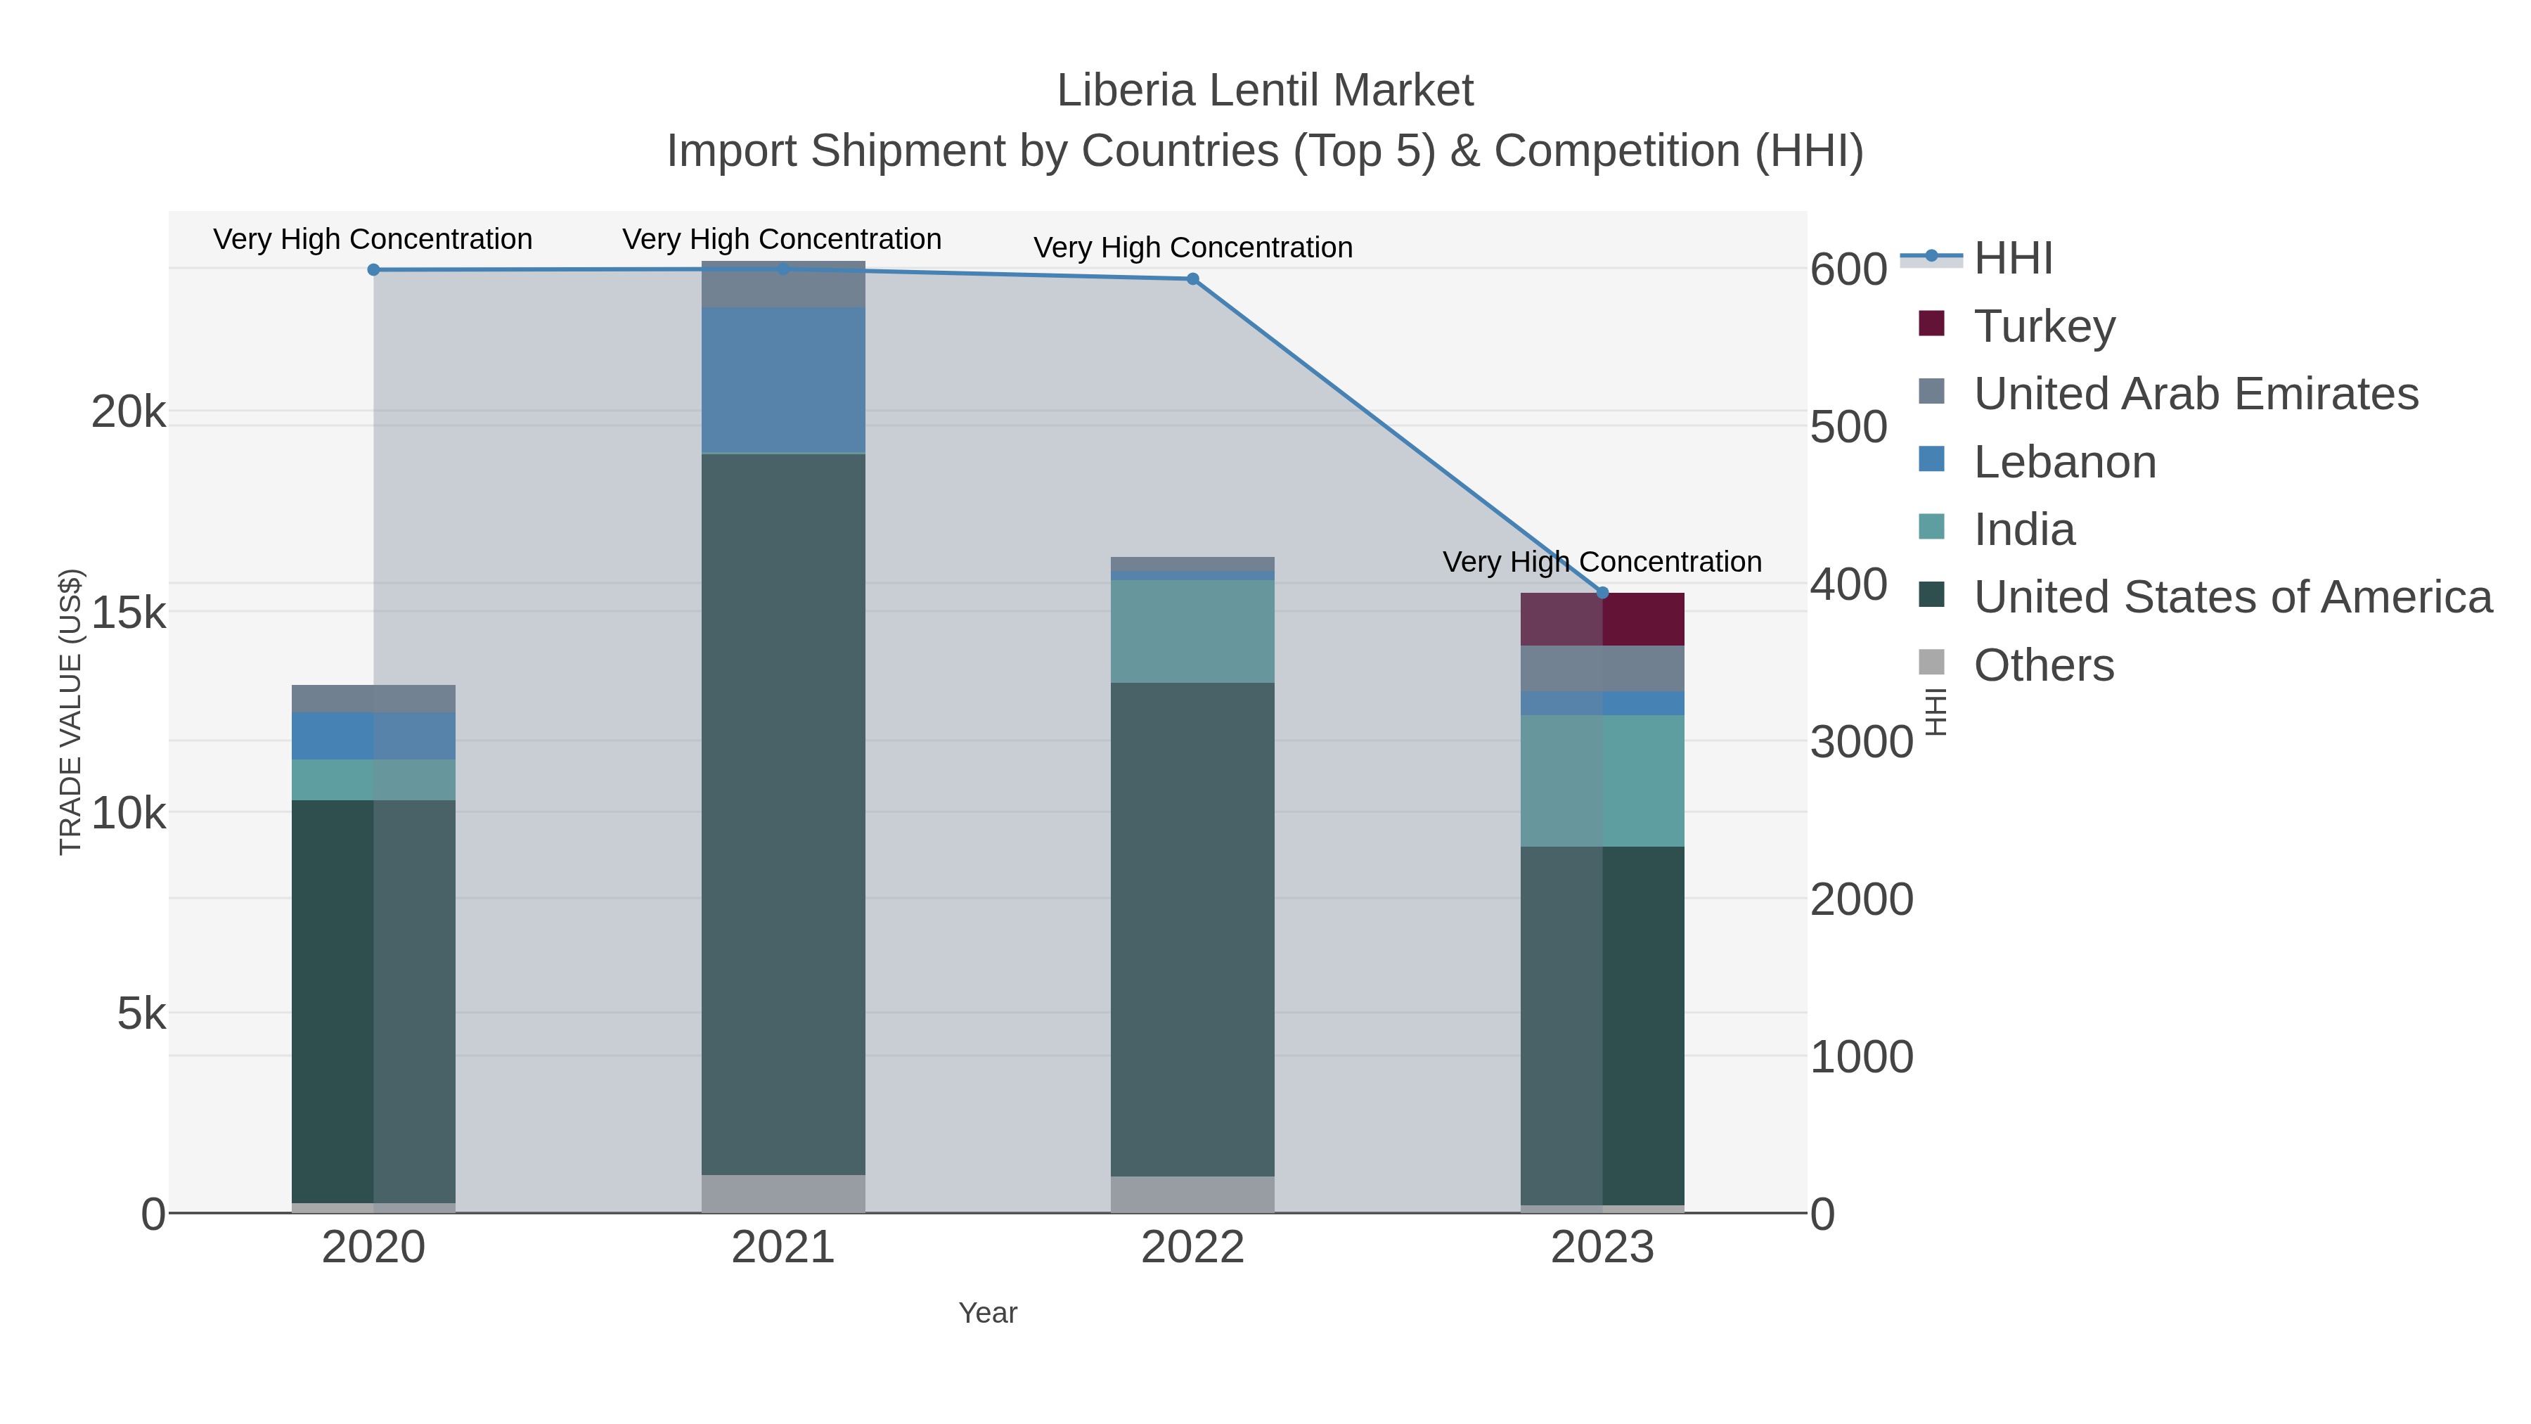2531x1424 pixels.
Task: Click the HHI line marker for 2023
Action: tap(1602, 593)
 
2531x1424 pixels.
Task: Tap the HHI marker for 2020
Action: tap(373, 270)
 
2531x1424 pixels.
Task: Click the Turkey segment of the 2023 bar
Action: tap(1602, 619)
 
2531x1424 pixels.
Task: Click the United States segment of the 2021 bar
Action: tap(783, 814)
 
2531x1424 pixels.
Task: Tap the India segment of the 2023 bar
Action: tap(1602, 781)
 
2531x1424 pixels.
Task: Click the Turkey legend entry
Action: tap(2044, 326)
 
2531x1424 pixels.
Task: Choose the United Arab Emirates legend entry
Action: tap(2195, 394)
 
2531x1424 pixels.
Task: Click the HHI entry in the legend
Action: tap(2012, 259)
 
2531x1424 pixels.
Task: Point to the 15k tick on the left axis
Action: tap(129, 614)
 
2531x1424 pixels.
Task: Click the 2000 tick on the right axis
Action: tap(1861, 899)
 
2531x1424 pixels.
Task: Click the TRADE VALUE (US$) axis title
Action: tap(71, 712)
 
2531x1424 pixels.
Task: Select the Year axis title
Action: tap(988, 1313)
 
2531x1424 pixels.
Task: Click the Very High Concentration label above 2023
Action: tap(1602, 562)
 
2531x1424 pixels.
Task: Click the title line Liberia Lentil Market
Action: tap(1265, 91)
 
